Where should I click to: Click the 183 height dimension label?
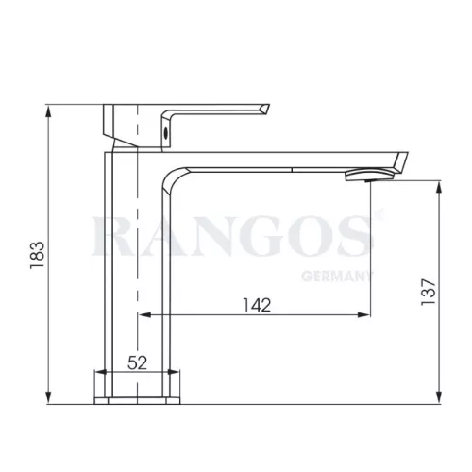[37, 255]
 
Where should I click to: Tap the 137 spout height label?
[429, 292]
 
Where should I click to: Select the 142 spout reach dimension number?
[257, 305]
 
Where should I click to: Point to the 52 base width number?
[137, 362]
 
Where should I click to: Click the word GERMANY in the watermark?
[337, 276]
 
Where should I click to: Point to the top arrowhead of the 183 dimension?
[48, 111]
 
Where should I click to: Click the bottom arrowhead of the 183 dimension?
[48, 397]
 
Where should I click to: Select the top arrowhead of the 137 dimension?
[440, 188]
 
